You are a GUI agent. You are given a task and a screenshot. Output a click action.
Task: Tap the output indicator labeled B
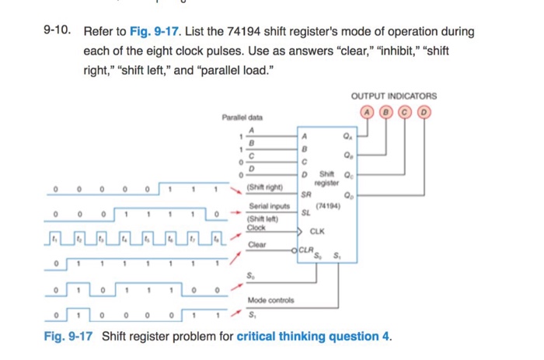tap(389, 110)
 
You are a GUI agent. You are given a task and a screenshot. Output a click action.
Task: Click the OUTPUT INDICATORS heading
tap(394, 96)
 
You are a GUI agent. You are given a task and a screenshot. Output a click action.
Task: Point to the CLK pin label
tap(317, 231)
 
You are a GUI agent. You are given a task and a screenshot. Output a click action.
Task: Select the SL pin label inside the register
tap(305, 211)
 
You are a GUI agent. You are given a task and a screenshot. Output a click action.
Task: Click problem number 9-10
tap(57, 32)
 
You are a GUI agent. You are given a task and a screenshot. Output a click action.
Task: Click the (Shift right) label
tap(263, 187)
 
